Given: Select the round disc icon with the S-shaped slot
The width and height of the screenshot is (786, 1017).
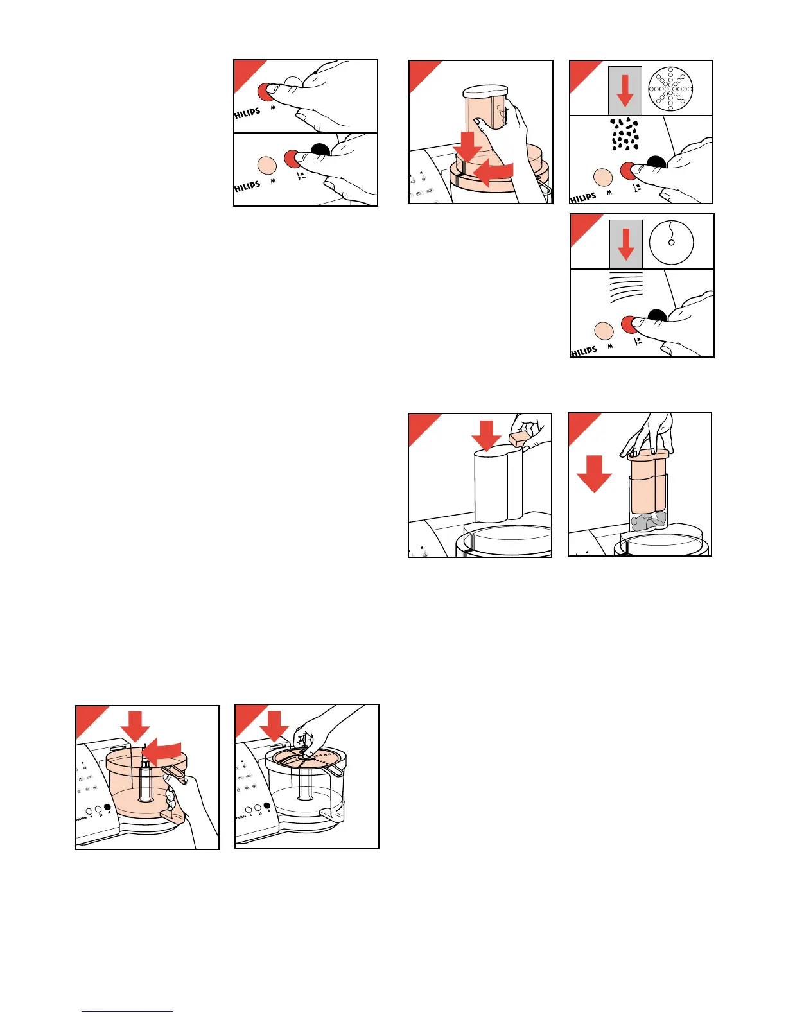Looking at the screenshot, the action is pos(672,242).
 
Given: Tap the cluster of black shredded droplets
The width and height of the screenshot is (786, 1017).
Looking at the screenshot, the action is pos(624,134).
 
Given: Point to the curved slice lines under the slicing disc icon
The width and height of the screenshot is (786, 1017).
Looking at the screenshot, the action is pos(625,286).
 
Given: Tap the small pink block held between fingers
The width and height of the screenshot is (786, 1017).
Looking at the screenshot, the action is pos(518,439).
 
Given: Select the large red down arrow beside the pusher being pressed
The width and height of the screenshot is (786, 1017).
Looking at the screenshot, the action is pos(594,473).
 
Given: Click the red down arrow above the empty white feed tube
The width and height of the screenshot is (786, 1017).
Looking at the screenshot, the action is pos(486,435).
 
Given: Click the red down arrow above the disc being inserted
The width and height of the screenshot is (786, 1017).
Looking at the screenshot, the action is pos(274,726).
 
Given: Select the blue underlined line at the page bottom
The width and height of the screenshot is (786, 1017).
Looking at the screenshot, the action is pos(127,1011).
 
